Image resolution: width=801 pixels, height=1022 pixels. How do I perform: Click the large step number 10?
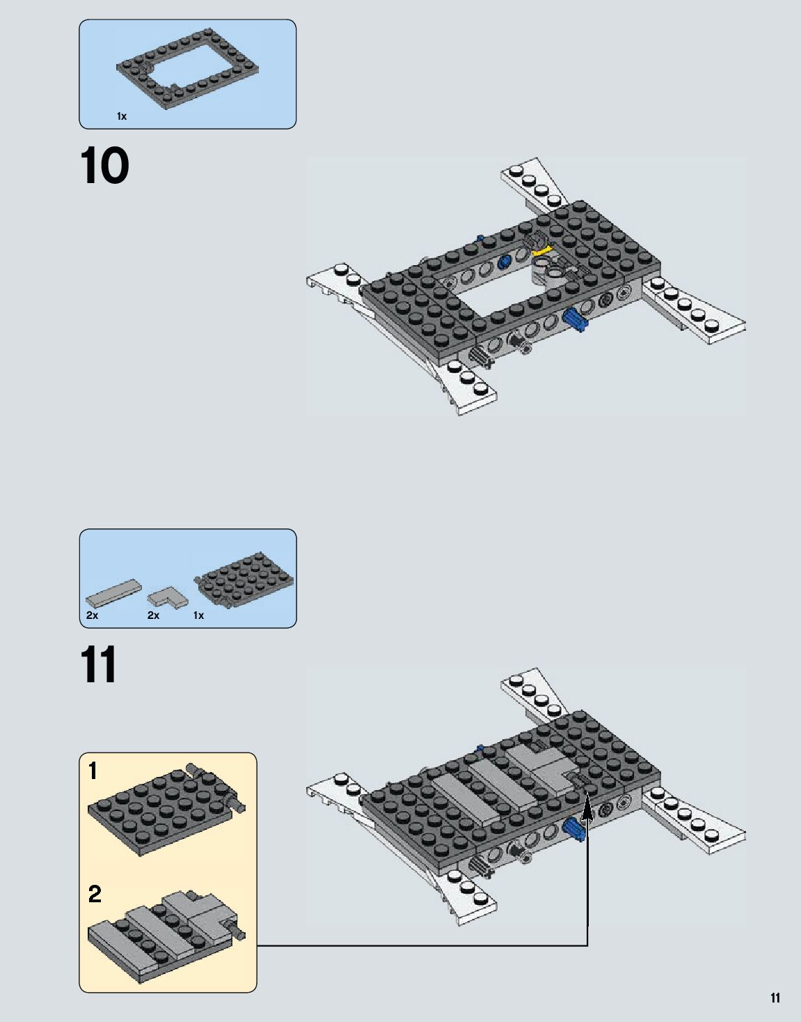[104, 165]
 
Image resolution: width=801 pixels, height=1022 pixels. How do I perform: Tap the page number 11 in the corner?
[775, 998]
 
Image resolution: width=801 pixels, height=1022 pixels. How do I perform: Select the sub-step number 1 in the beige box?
[93, 771]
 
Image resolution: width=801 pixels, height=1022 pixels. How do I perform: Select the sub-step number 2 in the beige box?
[95, 894]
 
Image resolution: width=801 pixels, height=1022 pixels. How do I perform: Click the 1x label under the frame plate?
[122, 116]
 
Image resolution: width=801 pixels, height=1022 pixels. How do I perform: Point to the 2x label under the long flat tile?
[92, 615]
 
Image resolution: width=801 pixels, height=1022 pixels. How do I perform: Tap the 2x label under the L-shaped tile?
[153, 615]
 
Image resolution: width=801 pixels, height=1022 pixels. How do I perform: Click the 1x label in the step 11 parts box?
[198, 615]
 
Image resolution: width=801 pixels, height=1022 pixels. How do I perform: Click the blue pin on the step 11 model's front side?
[574, 830]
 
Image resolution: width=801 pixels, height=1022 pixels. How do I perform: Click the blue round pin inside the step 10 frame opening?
[506, 262]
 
